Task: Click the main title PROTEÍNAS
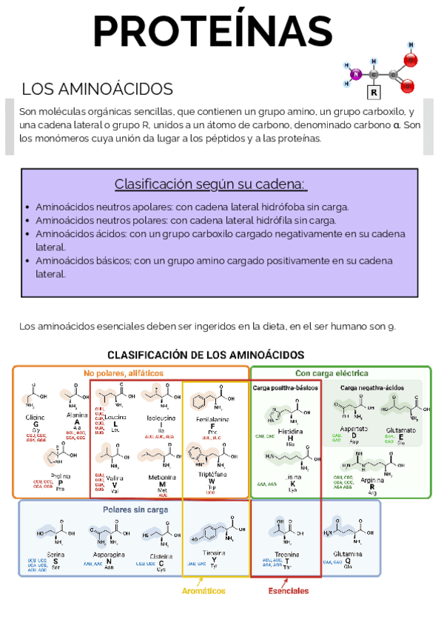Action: (x=213, y=30)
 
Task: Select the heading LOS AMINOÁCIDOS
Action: (x=97, y=90)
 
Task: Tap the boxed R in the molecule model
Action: (x=374, y=93)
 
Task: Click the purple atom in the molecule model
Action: (x=356, y=74)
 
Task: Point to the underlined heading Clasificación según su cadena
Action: (x=210, y=184)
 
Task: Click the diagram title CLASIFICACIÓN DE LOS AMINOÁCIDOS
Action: (x=206, y=355)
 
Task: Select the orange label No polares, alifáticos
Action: (x=124, y=373)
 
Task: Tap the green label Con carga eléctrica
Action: (x=332, y=373)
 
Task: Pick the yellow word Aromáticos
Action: (x=203, y=591)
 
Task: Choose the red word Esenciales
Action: (x=289, y=591)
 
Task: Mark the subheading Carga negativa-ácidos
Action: (x=372, y=387)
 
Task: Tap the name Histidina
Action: (x=290, y=431)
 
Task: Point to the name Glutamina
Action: (x=348, y=553)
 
